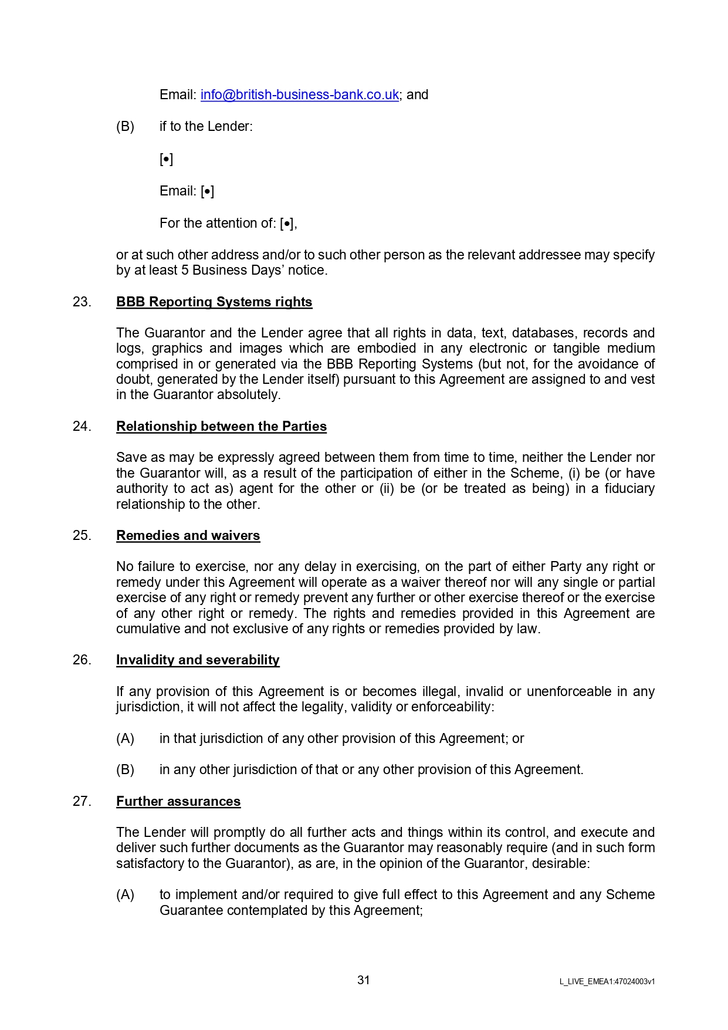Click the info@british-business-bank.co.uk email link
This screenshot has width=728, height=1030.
[x=299, y=95]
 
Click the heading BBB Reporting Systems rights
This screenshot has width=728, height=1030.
[x=214, y=302]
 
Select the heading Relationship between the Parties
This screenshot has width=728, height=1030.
[x=221, y=427]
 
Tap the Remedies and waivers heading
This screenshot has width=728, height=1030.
[x=188, y=536]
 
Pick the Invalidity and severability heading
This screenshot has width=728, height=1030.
[x=198, y=660]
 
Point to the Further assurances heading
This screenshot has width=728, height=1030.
[x=178, y=802]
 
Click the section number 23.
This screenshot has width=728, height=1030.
[x=82, y=302]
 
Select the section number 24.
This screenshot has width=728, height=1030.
[x=82, y=427]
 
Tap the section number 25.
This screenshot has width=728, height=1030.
[x=82, y=536]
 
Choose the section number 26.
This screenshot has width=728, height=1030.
[x=82, y=660]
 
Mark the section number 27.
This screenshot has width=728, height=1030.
[x=82, y=802]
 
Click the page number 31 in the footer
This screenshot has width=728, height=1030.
[x=364, y=980]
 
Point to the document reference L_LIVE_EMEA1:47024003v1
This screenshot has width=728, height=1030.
[x=607, y=981]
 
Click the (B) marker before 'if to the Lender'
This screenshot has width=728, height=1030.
[x=125, y=127]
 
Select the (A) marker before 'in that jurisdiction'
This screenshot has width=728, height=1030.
[x=125, y=739]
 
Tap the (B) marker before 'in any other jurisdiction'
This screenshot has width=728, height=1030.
[x=125, y=770]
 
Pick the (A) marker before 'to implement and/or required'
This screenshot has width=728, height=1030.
[x=125, y=895]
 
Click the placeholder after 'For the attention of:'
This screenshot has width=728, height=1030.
[x=287, y=224]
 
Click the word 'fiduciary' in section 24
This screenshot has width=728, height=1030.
[x=629, y=489]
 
